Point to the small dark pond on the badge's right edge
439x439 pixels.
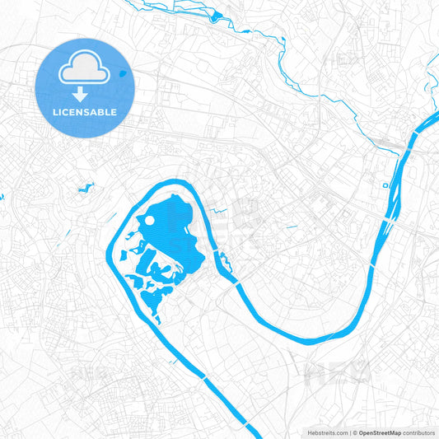(122, 72)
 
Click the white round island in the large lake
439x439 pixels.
(151, 221)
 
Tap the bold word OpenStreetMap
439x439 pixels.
(380, 432)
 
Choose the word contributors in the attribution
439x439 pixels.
(419, 432)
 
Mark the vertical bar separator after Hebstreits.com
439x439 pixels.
(349, 432)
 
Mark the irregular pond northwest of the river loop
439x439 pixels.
(85, 189)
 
